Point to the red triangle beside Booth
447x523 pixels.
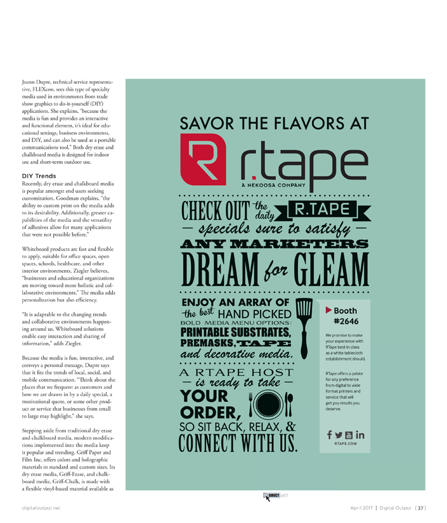point(328,310)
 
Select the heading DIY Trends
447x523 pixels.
point(41,176)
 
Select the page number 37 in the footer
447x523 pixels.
point(420,508)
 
